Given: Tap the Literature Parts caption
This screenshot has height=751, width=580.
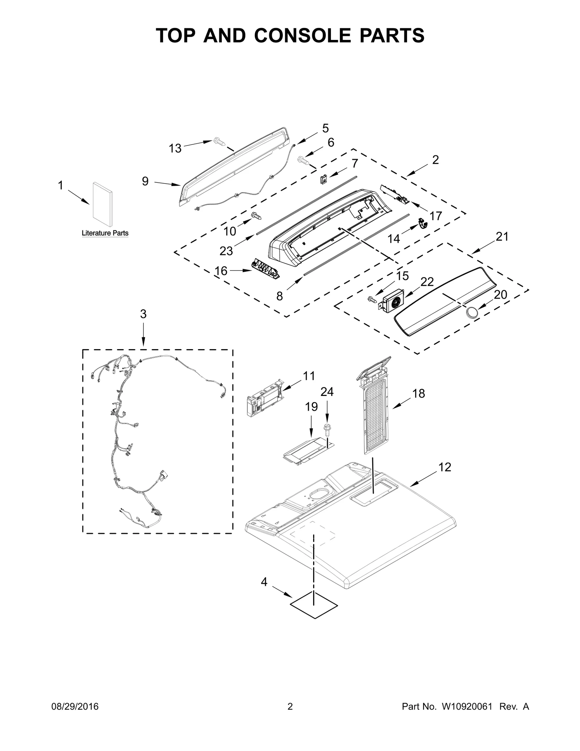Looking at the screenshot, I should pos(105,233).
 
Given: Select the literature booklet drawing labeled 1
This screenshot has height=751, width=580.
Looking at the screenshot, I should pos(102,203).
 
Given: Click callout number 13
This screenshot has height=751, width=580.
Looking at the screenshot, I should pos(175,148).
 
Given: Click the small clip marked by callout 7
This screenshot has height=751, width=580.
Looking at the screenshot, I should pos(323,178).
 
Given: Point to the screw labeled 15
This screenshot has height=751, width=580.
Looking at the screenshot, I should pos(372,299).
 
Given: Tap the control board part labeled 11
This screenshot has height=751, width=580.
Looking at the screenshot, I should pos(264,399).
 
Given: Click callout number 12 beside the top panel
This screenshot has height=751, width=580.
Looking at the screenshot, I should pos(444,467).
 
